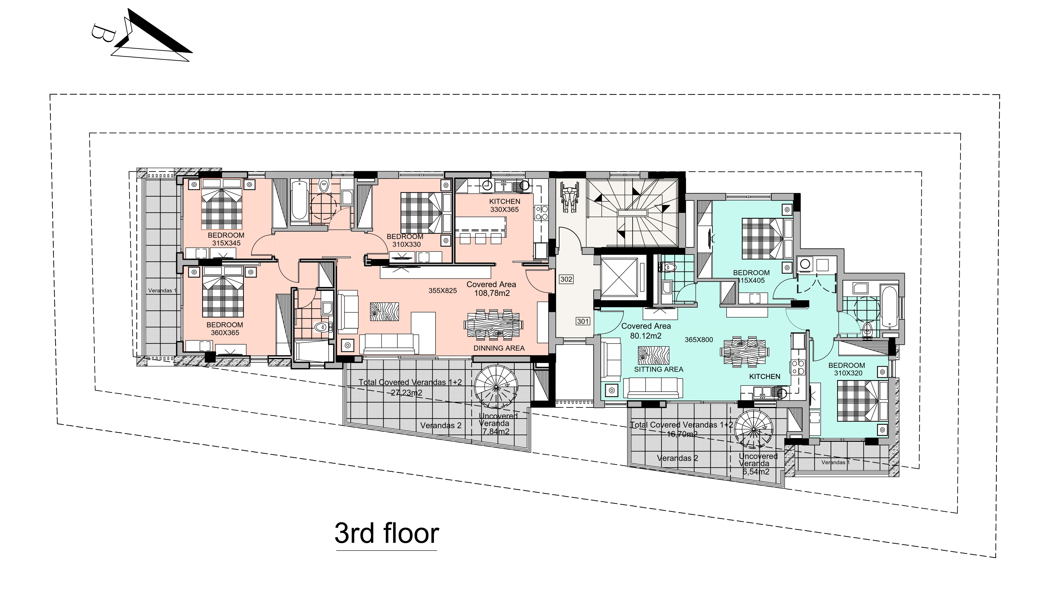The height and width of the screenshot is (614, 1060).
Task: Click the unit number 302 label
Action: pyautogui.click(x=566, y=279)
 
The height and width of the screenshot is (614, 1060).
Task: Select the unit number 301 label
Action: pyautogui.click(x=583, y=321)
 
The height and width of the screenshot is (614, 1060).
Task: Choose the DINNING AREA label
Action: pyautogui.click(x=499, y=348)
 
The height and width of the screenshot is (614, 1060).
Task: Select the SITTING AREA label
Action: pyautogui.click(x=658, y=369)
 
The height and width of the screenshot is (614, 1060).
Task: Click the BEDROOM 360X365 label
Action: pyautogui.click(x=225, y=329)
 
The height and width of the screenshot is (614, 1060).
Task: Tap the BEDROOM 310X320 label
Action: pyautogui.click(x=846, y=369)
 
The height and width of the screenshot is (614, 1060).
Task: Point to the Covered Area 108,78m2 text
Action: pyautogui.click(x=491, y=289)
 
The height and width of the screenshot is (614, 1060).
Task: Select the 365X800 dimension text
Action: pyautogui.click(x=699, y=340)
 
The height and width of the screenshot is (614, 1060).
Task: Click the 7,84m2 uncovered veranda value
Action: pyautogui.click(x=496, y=432)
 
